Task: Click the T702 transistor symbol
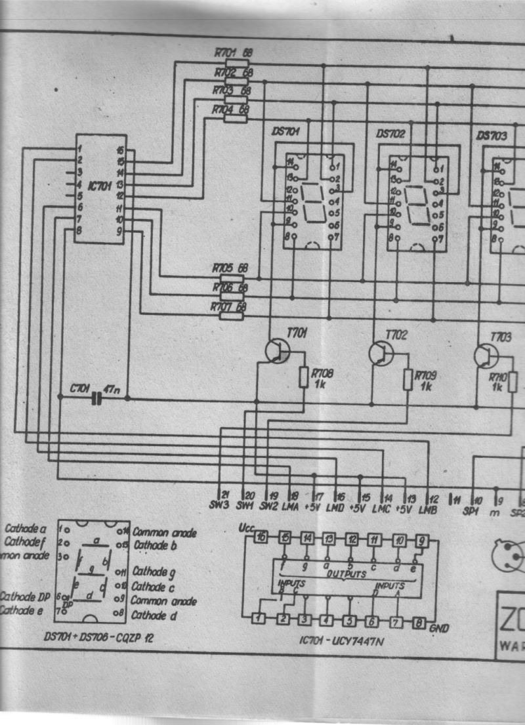pos(380,353)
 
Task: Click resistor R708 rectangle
pos(303,377)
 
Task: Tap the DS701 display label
pos(285,132)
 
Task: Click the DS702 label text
pos(390,133)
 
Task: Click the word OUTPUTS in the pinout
pos(346,573)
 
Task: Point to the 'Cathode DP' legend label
pos(26,596)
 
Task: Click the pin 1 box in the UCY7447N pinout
pos(260,619)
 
